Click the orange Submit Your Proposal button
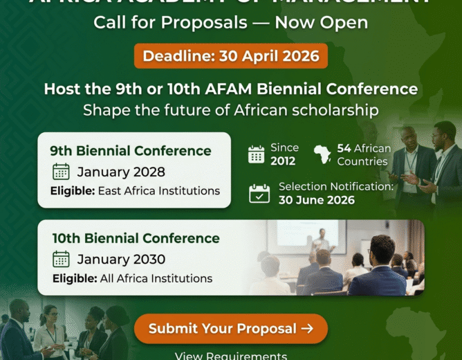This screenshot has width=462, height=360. pyautogui.click(x=230, y=329)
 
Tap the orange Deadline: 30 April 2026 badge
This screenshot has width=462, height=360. pyautogui.click(x=230, y=56)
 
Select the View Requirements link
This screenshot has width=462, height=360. pyautogui.click(x=230, y=356)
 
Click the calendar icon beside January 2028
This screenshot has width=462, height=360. pyautogui.click(x=61, y=172)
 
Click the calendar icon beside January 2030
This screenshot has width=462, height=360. pyautogui.click(x=61, y=260)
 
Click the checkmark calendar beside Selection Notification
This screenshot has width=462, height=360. pyautogui.click(x=259, y=193)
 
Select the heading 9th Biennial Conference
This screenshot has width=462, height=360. pyautogui.click(x=130, y=150)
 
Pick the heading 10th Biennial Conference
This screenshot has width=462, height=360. pyautogui.click(x=136, y=238)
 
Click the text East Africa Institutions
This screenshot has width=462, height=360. pyautogui.click(x=158, y=190)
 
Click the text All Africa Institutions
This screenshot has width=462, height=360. pyautogui.click(x=155, y=278)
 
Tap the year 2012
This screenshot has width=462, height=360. pyautogui.click(x=283, y=161)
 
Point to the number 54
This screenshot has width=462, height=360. pyautogui.click(x=344, y=148)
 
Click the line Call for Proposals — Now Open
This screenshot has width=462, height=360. pyautogui.click(x=230, y=22)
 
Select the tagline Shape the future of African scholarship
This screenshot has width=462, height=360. pyautogui.click(x=230, y=110)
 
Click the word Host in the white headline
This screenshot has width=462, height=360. pyautogui.click(x=60, y=89)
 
